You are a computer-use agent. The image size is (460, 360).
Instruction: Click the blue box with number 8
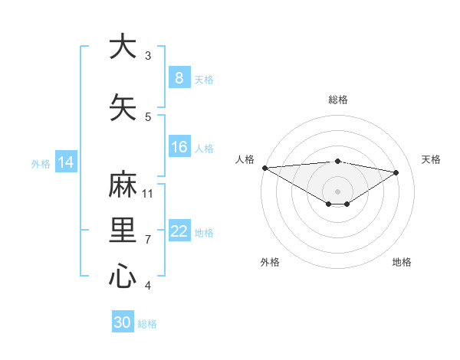[179, 78]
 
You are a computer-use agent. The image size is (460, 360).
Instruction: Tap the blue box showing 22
[179, 232]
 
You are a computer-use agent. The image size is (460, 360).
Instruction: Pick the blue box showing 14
[66, 162]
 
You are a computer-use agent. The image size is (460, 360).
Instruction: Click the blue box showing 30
[123, 322]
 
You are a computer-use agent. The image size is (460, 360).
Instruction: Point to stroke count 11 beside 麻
[148, 193]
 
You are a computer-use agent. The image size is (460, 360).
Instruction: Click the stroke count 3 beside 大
[148, 56]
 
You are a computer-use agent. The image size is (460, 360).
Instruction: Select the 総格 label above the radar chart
[337, 100]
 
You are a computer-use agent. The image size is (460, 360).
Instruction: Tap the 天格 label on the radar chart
[431, 159]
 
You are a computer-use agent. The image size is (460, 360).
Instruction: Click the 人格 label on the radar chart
[245, 159]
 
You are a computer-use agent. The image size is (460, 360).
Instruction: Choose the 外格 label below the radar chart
[270, 262]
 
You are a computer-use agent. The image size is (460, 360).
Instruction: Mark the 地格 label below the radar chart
[402, 262]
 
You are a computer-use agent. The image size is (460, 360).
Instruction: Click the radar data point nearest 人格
[264, 168]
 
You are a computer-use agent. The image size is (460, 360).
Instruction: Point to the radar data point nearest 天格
[396, 172]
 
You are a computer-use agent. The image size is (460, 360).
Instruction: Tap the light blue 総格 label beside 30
[147, 324]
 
